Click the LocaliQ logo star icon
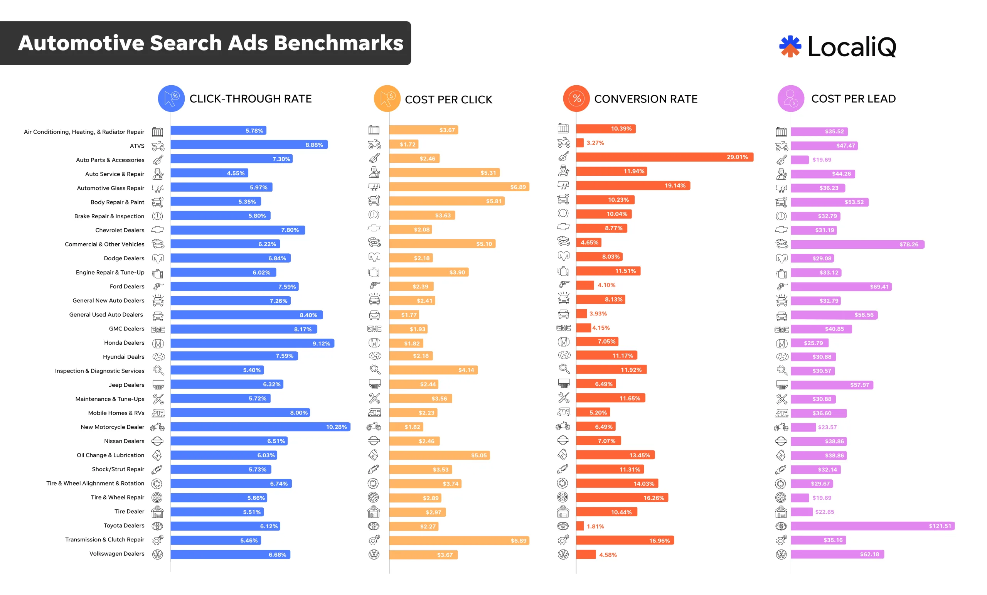click(x=790, y=47)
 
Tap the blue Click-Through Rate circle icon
click(x=171, y=99)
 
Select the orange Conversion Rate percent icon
click(x=576, y=99)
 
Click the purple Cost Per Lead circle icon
click(x=791, y=99)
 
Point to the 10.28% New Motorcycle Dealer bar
click(x=260, y=427)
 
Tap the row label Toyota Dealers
click(x=124, y=525)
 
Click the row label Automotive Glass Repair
click(x=110, y=188)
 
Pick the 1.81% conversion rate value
click(x=595, y=526)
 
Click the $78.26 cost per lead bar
click(x=857, y=244)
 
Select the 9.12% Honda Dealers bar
click(x=253, y=343)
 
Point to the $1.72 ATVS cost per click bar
click(x=404, y=144)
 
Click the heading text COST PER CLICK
click(x=448, y=99)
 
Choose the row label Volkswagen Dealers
click(x=116, y=553)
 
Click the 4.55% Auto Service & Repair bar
click(x=209, y=173)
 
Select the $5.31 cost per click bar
click(x=444, y=173)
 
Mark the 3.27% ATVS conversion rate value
click(x=595, y=143)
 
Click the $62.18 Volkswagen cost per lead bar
click(x=837, y=554)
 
